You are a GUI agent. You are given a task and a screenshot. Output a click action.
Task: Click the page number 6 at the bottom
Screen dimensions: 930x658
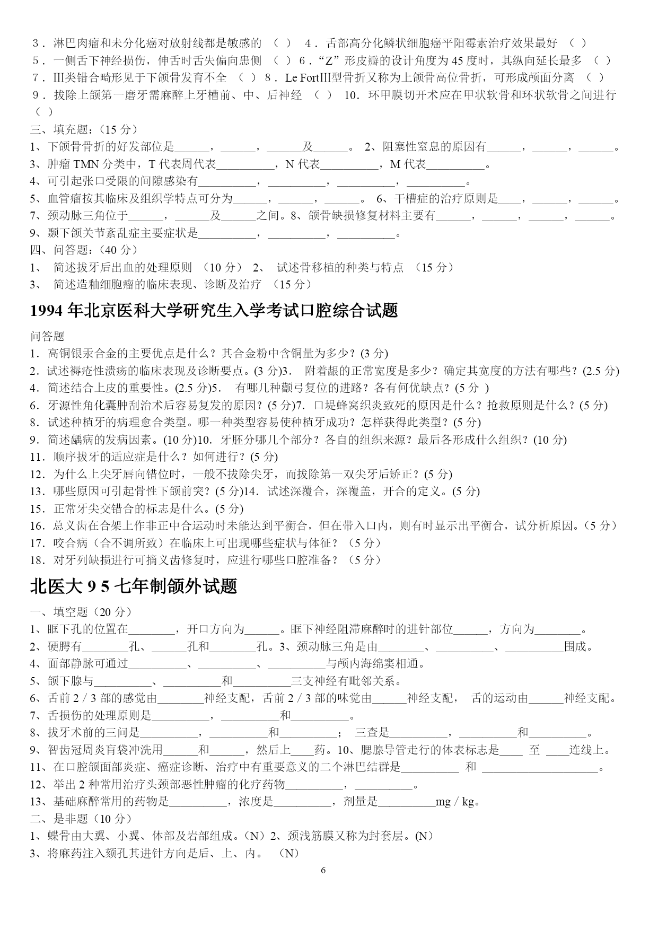tap(323, 870)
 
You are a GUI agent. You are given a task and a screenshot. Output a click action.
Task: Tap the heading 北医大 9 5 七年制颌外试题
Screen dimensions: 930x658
tap(134, 586)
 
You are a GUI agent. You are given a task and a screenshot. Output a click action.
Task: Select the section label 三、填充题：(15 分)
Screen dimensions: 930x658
tap(84, 129)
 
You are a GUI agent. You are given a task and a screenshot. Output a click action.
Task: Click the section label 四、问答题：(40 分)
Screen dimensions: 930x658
tap(84, 250)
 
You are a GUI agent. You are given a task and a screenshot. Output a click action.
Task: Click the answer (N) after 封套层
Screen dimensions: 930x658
tap(424, 836)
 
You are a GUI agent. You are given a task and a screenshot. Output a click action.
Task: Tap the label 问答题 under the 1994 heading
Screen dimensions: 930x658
tap(47, 336)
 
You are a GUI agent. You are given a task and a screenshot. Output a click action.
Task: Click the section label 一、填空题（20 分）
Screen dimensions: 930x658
tap(81, 612)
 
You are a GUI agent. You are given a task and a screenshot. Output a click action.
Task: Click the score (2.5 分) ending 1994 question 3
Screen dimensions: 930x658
tap(600, 371)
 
